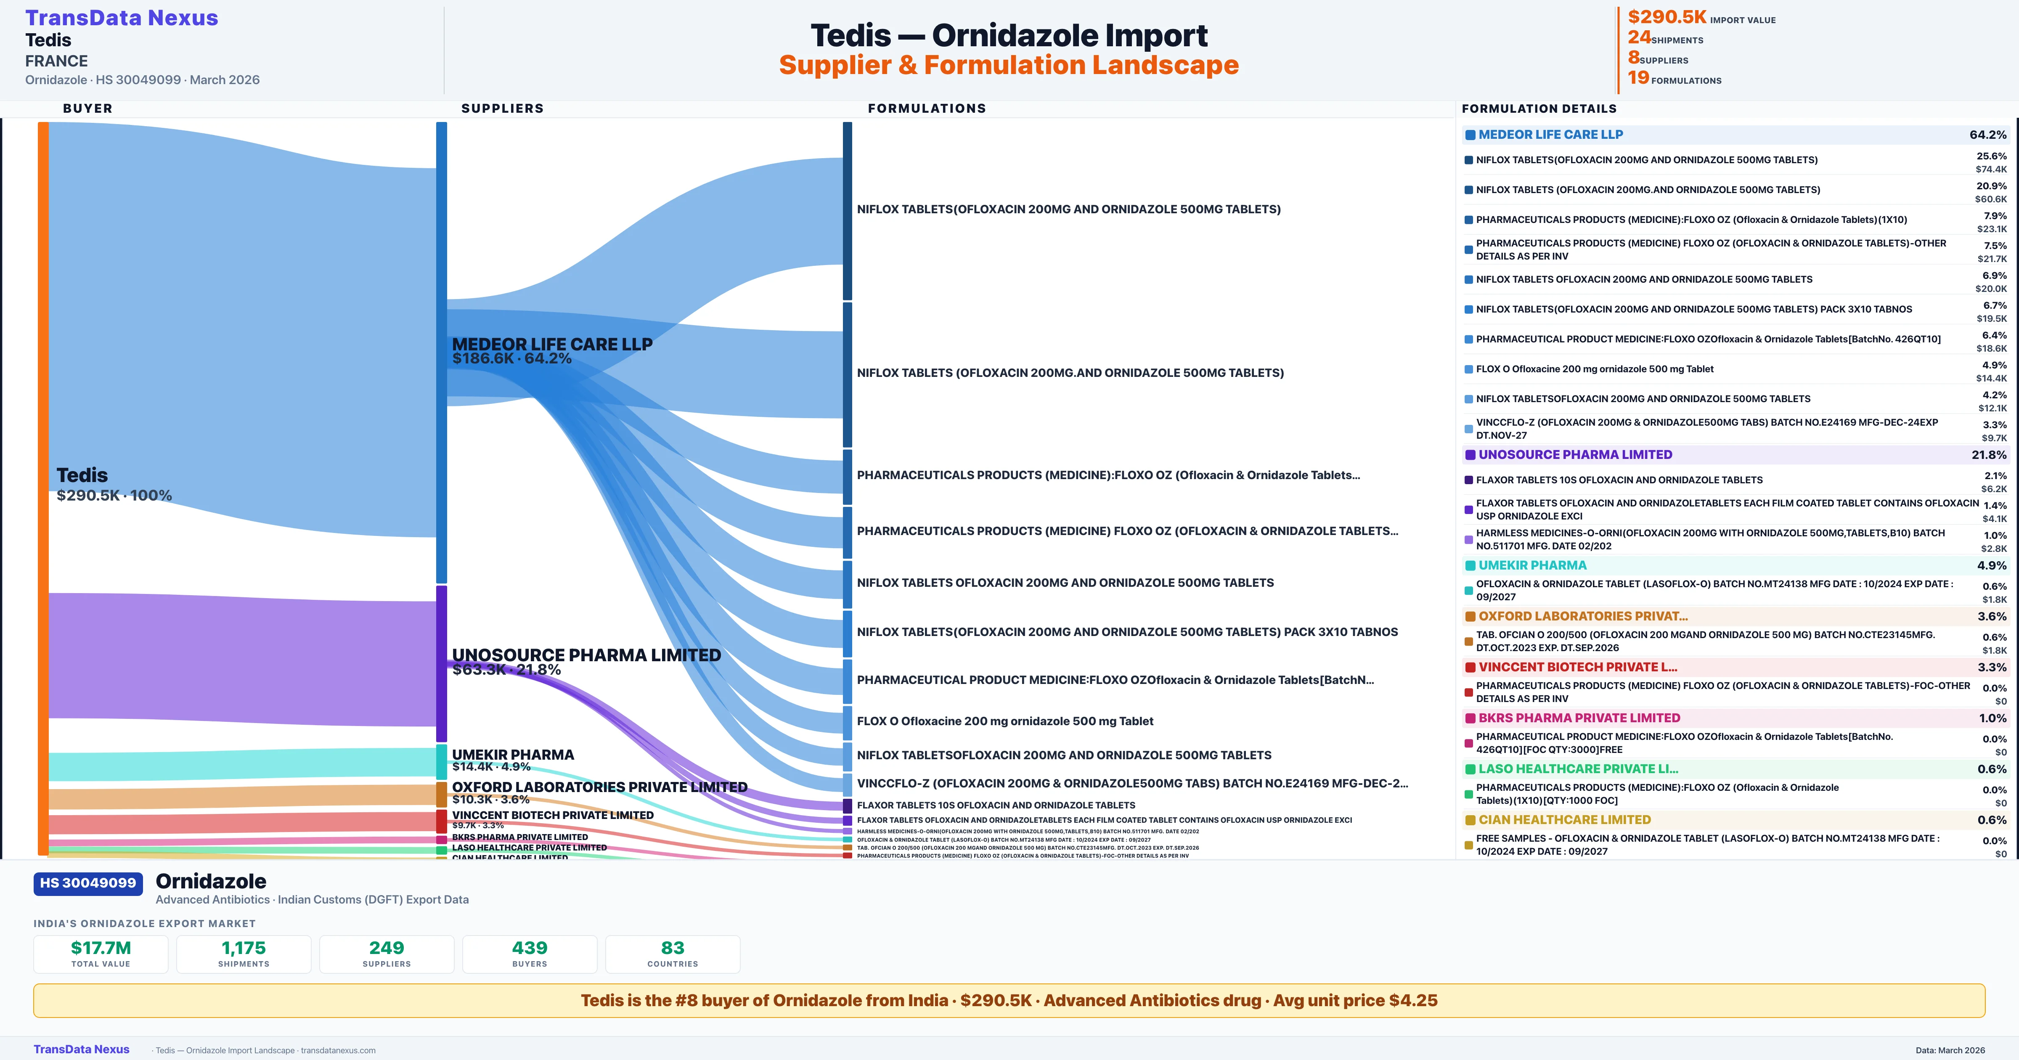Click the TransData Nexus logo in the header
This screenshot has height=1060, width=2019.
click(x=122, y=18)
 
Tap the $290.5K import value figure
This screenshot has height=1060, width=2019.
click(x=1666, y=17)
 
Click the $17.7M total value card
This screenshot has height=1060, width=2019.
click(x=101, y=954)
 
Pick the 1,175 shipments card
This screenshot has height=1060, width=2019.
click(x=244, y=954)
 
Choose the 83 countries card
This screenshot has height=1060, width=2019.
click(x=673, y=954)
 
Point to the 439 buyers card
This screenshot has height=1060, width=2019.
click(x=530, y=954)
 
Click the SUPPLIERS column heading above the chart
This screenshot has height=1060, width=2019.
click(x=502, y=108)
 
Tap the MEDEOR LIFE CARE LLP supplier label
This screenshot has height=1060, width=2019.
click(x=552, y=344)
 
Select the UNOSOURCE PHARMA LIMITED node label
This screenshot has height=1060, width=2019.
click(x=586, y=655)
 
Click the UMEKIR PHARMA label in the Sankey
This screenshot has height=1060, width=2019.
click(x=513, y=754)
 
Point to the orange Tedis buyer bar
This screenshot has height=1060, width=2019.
click(x=43, y=486)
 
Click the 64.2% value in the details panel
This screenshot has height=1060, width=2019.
click(x=1987, y=135)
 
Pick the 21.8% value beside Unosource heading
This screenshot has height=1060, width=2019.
click(x=1989, y=455)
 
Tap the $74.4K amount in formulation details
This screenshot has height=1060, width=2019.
click(x=1991, y=170)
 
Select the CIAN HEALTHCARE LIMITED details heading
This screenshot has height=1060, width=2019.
click(x=1564, y=819)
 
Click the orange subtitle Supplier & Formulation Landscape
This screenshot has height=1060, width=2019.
click(x=1009, y=65)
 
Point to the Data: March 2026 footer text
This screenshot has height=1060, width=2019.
click(x=1950, y=1050)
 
